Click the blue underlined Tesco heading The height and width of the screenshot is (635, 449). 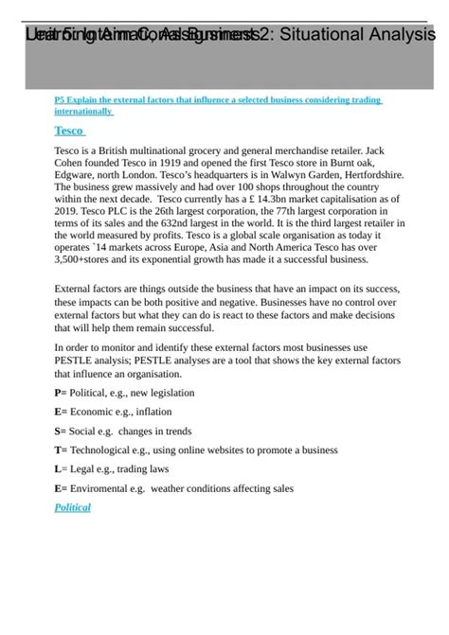point(69,131)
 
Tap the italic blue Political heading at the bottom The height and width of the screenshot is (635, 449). point(72,508)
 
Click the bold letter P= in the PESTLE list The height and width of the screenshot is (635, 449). point(61,392)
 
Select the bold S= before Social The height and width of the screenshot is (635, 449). point(61,431)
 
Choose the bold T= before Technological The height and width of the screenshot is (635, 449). point(62,450)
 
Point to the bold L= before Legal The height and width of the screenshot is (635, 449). point(61,469)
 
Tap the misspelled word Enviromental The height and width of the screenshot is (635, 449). point(108,488)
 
